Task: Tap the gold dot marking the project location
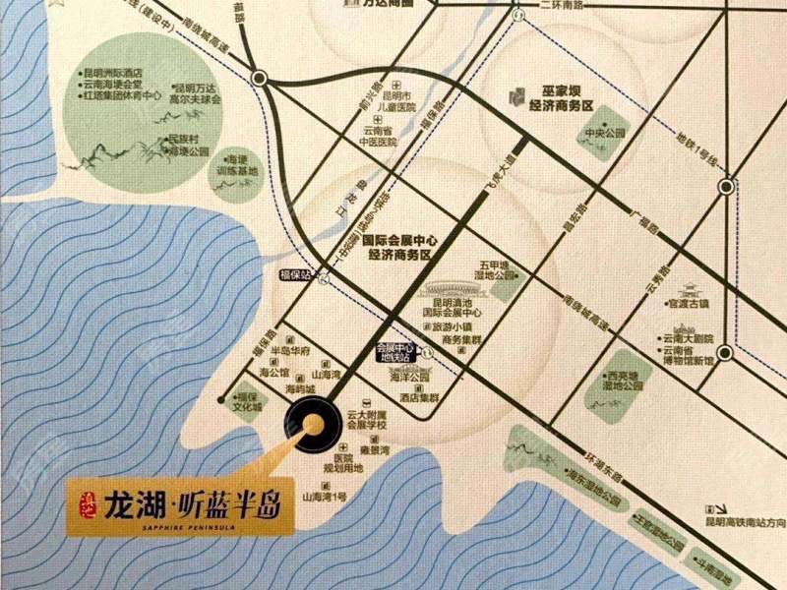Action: [x=313, y=425]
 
